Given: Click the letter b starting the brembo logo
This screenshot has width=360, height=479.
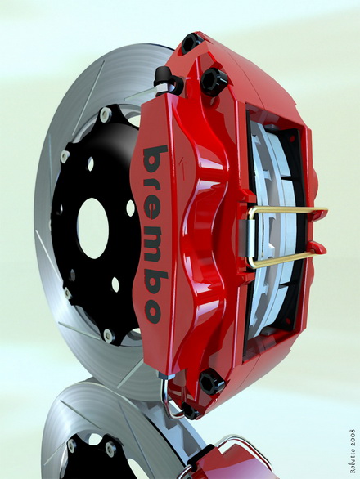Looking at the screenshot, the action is tap(155, 159).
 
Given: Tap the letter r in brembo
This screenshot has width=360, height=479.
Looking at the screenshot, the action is tap(153, 185).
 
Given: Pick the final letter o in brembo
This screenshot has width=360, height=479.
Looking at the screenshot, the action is tap(154, 311).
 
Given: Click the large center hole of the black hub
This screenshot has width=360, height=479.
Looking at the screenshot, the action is tap(93, 228).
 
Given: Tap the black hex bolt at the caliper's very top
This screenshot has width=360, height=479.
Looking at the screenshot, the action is tap(191, 43).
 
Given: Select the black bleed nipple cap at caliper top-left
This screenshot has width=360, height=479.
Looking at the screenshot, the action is tap(164, 76).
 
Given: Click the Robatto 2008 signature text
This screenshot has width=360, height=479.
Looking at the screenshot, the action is tap(353, 451).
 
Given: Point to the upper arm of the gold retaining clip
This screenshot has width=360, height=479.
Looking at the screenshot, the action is tap(287, 210).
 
